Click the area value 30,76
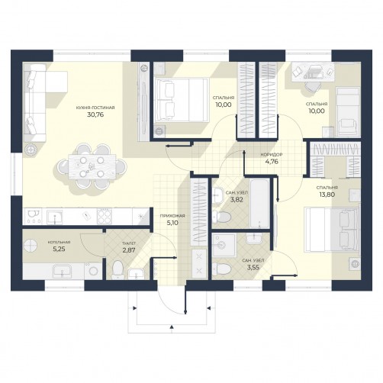click(x=95, y=114)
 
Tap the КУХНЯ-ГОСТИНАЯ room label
click(x=95, y=108)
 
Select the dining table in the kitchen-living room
click(x=92, y=166)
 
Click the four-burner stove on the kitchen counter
click(x=105, y=217)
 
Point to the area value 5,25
click(x=59, y=249)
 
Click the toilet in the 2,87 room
click(x=117, y=269)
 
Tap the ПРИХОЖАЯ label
click(x=172, y=216)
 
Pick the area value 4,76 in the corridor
click(x=272, y=162)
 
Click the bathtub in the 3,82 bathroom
click(x=259, y=204)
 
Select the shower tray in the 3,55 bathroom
click(x=224, y=245)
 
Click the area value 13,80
click(x=327, y=195)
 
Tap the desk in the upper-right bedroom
click(x=312, y=72)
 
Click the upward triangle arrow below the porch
click(x=172, y=327)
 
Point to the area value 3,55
click(x=253, y=267)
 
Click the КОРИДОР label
click(x=272, y=154)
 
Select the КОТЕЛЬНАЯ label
click(x=59, y=243)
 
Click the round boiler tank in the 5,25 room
click(x=31, y=245)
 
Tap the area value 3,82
click(x=237, y=200)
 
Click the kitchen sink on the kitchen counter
click(x=54, y=217)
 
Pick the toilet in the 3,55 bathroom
click(x=222, y=269)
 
